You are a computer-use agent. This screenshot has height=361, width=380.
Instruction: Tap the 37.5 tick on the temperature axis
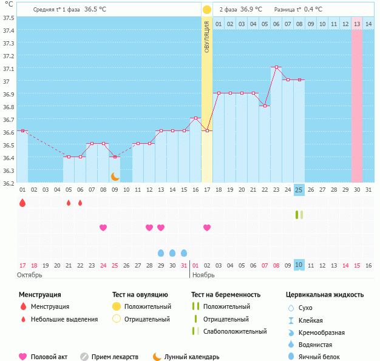tap(9, 18)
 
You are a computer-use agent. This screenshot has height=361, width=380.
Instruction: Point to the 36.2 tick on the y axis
tap(9, 183)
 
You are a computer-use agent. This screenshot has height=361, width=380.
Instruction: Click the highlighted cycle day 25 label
tap(299, 189)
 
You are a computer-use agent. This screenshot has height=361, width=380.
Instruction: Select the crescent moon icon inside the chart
tap(115, 176)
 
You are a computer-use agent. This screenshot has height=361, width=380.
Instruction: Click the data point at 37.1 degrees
tap(276, 67)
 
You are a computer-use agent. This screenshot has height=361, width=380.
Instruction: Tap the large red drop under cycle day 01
tap(22, 203)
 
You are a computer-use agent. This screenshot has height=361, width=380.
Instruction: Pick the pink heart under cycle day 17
tap(207, 228)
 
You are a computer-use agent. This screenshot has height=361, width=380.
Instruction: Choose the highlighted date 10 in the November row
tap(299, 265)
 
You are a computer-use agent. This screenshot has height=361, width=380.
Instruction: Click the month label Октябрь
tap(31, 275)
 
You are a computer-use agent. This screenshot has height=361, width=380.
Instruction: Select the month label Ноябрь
tap(204, 275)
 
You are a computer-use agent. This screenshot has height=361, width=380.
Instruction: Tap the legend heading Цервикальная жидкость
tap(325, 295)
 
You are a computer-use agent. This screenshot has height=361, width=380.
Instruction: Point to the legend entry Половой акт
tap(49, 357)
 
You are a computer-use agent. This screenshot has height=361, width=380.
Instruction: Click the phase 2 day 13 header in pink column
tap(357, 24)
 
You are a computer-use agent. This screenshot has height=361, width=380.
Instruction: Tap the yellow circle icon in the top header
tap(207, 10)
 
